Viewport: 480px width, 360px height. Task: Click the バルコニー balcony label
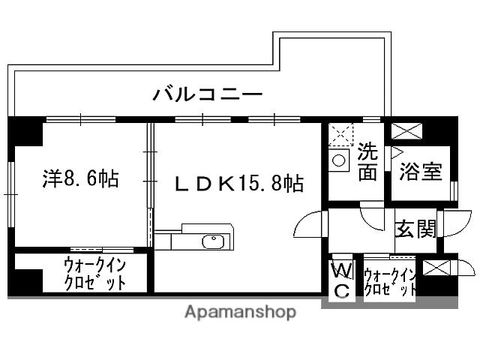(x=208, y=95)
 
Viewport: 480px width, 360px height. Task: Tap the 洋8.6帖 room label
(x=80, y=180)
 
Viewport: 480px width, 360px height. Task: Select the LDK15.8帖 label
(x=239, y=184)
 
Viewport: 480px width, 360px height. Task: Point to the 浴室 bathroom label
(x=421, y=172)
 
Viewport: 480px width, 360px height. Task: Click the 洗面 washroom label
(x=367, y=161)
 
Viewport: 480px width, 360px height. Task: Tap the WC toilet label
(x=341, y=280)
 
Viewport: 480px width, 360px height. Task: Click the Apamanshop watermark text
(x=240, y=312)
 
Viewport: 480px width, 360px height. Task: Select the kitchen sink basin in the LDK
(x=212, y=241)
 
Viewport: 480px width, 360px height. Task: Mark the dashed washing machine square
(x=340, y=135)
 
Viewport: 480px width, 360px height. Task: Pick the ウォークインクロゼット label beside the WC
(x=389, y=280)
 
